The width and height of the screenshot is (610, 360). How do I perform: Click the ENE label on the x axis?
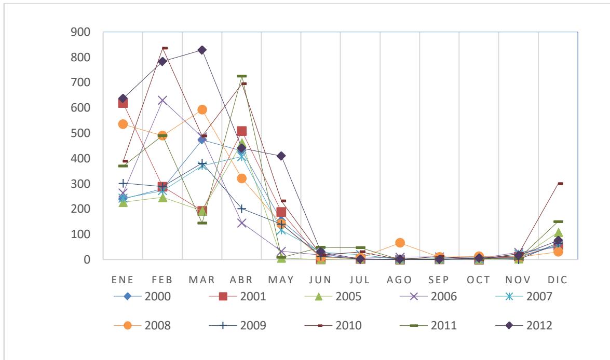click(x=123, y=280)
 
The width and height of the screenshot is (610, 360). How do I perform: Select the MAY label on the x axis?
click(x=281, y=280)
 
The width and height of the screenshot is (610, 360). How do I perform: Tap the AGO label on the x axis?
click(x=399, y=280)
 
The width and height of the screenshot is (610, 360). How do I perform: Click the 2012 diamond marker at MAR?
click(x=202, y=50)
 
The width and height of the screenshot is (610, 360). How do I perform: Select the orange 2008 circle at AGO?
click(x=400, y=243)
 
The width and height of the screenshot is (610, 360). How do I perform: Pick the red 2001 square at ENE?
click(x=123, y=103)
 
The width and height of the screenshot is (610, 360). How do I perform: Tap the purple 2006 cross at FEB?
click(x=162, y=100)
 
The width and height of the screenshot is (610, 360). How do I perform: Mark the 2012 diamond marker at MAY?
click(x=281, y=156)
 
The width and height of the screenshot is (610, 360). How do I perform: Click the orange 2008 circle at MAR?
click(x=202, y=109)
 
